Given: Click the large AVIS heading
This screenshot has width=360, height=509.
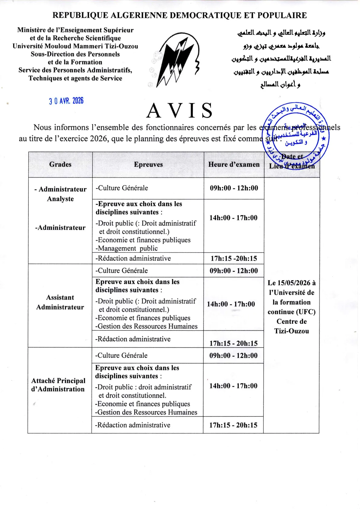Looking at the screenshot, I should (x=180, y=111).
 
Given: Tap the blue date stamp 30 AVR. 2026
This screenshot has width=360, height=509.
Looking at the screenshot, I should (x=66, y=101).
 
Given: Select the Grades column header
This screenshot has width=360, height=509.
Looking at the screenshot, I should (x=60, y=164).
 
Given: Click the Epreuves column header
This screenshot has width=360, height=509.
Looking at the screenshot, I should (x=148, y=164).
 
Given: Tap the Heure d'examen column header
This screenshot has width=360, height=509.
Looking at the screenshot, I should (x=234, y=164).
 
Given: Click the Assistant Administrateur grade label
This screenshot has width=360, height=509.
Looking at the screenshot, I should (x=60, y=302).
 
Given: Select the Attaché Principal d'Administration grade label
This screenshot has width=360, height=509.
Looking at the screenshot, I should (x=58, y=385).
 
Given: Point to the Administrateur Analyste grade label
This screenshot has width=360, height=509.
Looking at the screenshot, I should (x=61, y=194).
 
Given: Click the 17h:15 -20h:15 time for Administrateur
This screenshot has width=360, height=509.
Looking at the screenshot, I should (x=234, y=258).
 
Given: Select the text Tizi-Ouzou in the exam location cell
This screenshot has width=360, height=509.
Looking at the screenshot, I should (x=292, y=331).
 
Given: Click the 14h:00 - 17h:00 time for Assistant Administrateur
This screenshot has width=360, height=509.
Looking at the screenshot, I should (x=231, y=304).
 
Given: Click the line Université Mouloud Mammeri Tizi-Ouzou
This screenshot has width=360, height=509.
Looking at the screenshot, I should (x=75, y=46).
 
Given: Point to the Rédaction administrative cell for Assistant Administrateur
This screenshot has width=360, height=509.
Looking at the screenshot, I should (x=133, y=339).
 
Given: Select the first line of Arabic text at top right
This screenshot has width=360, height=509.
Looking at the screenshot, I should (x=281, y=33).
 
